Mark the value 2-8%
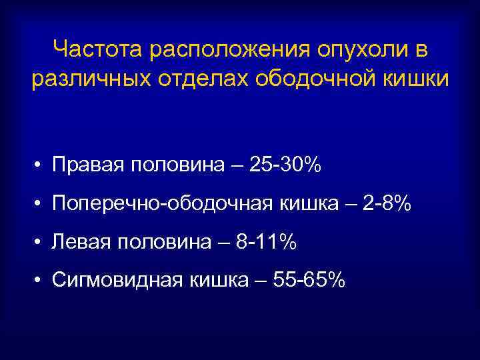(387, 204)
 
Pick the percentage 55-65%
(313, 281)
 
